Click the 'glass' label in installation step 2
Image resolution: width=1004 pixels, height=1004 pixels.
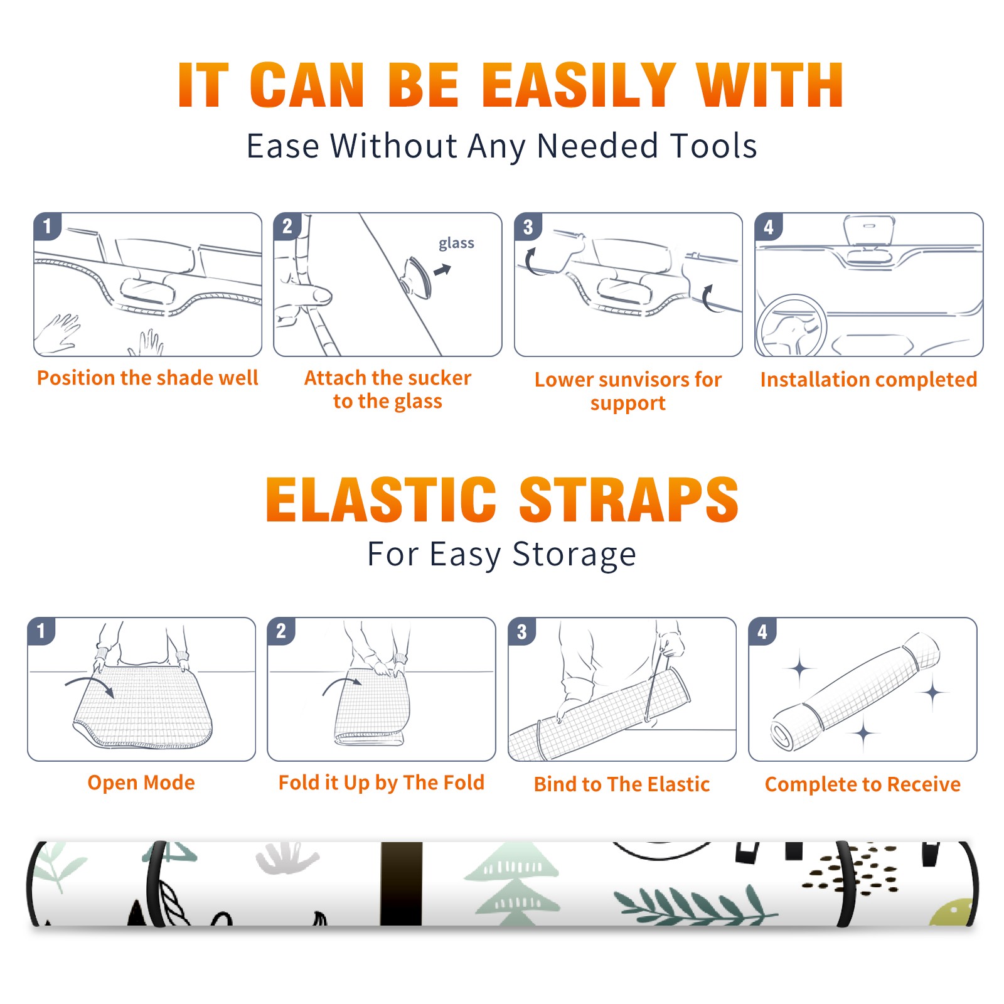click(x=456, y=243)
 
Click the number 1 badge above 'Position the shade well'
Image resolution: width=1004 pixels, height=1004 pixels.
click(x=47, y=226)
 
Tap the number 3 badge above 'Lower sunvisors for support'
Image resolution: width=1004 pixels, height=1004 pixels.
click(x=528, y=226)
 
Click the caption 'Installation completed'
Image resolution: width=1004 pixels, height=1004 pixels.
click(x=868, y=380)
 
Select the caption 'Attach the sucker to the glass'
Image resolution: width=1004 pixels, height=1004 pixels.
click(x=388, y=390)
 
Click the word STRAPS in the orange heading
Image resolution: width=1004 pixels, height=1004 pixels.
click(x=629, y=499)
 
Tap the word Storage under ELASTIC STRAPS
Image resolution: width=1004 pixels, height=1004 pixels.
click(x=574, y=555)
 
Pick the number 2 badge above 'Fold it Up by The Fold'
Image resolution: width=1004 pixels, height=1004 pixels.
click(x=280, y=631)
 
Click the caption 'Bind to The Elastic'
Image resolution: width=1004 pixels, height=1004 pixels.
click(x=622, y=784)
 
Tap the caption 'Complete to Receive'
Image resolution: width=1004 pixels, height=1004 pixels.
click(x=863, y=784)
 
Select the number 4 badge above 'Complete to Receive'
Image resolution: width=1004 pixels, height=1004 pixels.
click(x=762, y=631)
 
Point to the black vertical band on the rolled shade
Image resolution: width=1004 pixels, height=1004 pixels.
click(x=402, y=884)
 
